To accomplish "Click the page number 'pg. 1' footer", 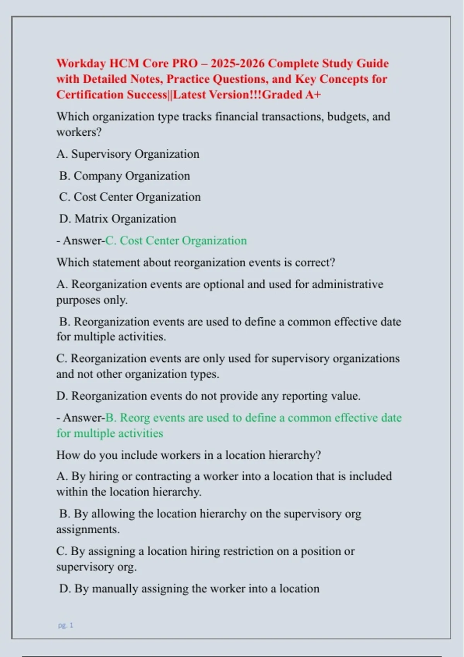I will [65, 625].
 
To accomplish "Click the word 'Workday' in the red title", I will [81, 63].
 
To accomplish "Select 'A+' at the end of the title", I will [313, 95].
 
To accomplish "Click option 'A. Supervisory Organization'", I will [128, 154].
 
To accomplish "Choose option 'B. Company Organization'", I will [125, 176].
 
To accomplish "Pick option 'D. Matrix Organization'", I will [118, 219].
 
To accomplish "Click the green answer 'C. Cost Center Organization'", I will [176, 241].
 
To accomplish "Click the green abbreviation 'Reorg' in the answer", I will [135, 418].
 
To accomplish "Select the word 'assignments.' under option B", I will [88, 529].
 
